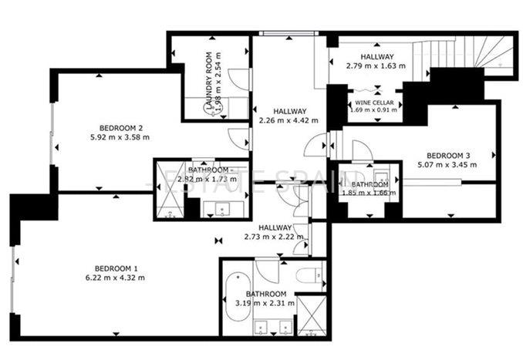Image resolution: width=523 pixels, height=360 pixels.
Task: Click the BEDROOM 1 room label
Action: click(x=115, y=267)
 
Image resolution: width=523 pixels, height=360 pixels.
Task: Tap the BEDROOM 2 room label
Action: click(x=121, y=127)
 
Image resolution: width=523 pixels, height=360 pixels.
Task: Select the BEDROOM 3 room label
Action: click(x=448, y=154)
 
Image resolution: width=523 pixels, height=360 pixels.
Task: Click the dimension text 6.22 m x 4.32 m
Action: click(x=115, y=278)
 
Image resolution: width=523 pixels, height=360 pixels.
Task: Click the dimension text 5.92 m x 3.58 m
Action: click(x=121, y=137)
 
